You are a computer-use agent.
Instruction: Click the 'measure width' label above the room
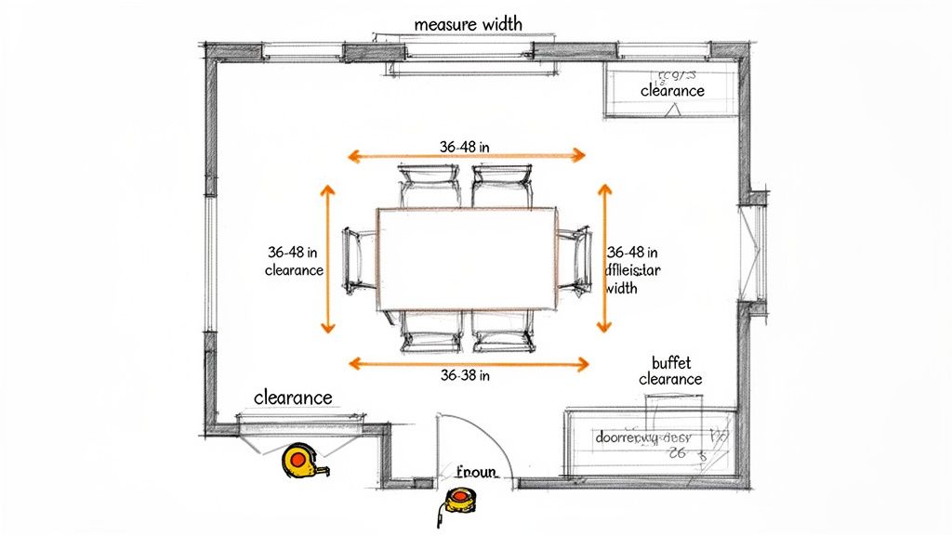(x=467, y=23)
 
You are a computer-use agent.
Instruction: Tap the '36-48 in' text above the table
(x=465, y=146)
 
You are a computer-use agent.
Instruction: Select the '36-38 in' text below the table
(x=465, y=376)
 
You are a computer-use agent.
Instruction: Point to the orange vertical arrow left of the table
(x=327, y=258)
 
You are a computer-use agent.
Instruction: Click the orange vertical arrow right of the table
(x=604, y=258)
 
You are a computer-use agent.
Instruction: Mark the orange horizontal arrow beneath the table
(x=468, y=364)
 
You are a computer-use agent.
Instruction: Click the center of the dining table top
(x=467, y=258)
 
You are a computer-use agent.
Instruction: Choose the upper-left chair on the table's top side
(x=429, y=187)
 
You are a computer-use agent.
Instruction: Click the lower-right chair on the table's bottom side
(x=502, y=332)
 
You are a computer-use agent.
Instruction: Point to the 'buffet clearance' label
(x=669, y=371)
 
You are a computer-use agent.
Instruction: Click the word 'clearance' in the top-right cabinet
(x=672, y=91)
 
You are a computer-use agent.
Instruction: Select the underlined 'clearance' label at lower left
(x=293, y=398)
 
